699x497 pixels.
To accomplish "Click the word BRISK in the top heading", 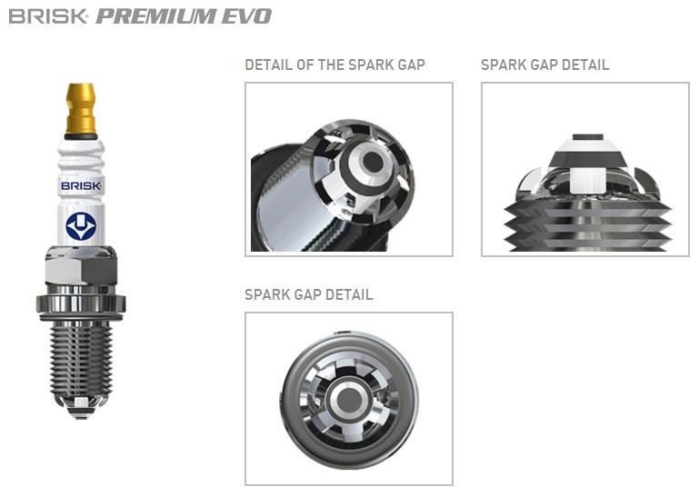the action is pyautogui.click(x=47, y=16).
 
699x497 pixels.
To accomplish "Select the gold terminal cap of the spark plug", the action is pyautogui.click(x=81, y=108).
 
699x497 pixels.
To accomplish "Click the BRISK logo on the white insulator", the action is pyautogui.click(x=81, y=185).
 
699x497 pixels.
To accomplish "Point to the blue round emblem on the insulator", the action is pyautogui.click(x=81, y=226).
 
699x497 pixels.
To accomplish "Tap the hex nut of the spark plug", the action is pyautogui.click(x=81, y=265).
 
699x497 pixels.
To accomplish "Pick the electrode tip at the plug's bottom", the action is pyautogui.click(x=81, y=406).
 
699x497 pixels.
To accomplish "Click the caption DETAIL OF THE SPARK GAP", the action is pyautogui.click(x=335, y=65).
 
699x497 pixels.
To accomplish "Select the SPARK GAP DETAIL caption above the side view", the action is pyautogui.click(x=544, y=65).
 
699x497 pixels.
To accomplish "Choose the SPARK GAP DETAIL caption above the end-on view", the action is pyautogui.click(x=308, y=294).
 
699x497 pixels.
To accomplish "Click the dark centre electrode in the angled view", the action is pyautogui.click(x=373, y=162).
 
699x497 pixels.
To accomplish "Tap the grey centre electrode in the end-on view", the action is pyautogui.click(x=348, y=400).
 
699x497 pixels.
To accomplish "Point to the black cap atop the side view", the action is pyautogui.click(x=587, y=137).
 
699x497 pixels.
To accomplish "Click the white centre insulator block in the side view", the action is pyautogui.click(x=587, y=181).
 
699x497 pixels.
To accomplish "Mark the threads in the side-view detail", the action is pyautogui.click(x=587, y=227).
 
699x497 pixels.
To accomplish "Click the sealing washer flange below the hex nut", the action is pyautogui.click(x=81, y=304).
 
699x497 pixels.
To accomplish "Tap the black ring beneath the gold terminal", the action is pyautogui.click(x=81, y=136).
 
